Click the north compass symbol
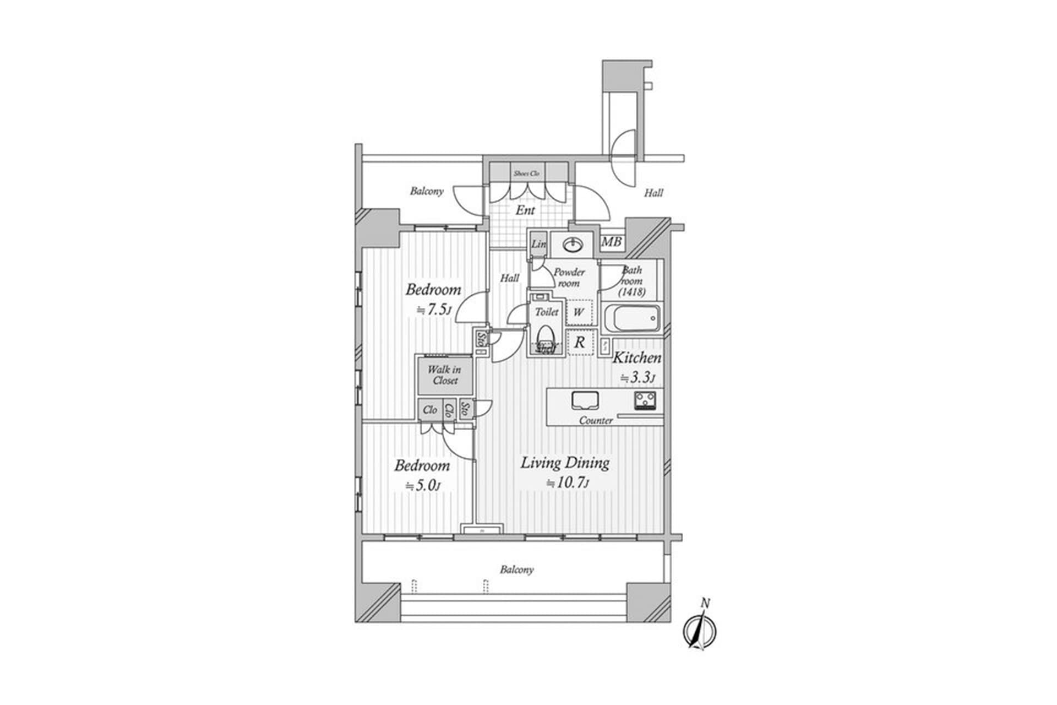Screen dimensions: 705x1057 699,630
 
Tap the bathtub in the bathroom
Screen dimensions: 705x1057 631,318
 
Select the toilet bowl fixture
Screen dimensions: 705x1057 546,337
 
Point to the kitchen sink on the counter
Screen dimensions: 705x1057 584,400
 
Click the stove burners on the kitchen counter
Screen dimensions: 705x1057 644,400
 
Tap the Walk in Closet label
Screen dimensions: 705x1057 444,375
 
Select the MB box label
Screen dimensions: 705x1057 611,242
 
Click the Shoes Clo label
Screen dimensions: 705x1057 527,173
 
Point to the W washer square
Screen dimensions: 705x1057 578,312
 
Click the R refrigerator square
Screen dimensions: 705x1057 579,342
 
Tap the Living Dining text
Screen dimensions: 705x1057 565,463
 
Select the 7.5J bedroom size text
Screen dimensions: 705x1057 433,310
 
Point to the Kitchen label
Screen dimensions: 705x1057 637,358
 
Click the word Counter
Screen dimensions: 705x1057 596,420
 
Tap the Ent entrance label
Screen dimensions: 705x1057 525,210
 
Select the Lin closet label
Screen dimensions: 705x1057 538,244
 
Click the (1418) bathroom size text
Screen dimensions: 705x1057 631,292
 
